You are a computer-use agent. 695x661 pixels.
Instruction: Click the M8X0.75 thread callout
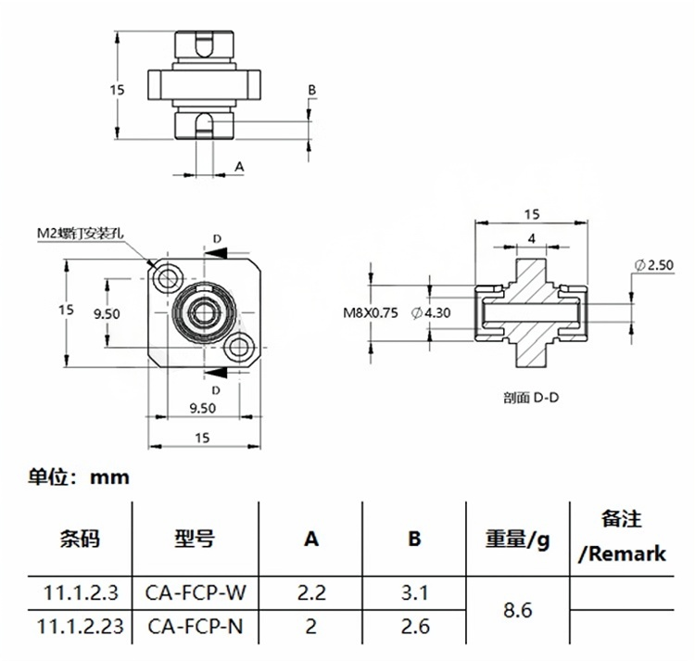(371, 312)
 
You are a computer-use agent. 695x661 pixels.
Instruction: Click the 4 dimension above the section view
(531, 238)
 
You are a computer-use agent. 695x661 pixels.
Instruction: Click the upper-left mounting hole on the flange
(169, 276)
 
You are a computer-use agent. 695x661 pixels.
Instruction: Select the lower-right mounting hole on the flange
(242, 348)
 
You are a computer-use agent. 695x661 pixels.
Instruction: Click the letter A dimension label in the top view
(238, 167)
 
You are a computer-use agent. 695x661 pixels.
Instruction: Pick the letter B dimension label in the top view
(312, 89)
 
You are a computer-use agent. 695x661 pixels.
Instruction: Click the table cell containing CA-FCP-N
(196, 627)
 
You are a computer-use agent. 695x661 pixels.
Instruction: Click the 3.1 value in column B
(415, 591)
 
